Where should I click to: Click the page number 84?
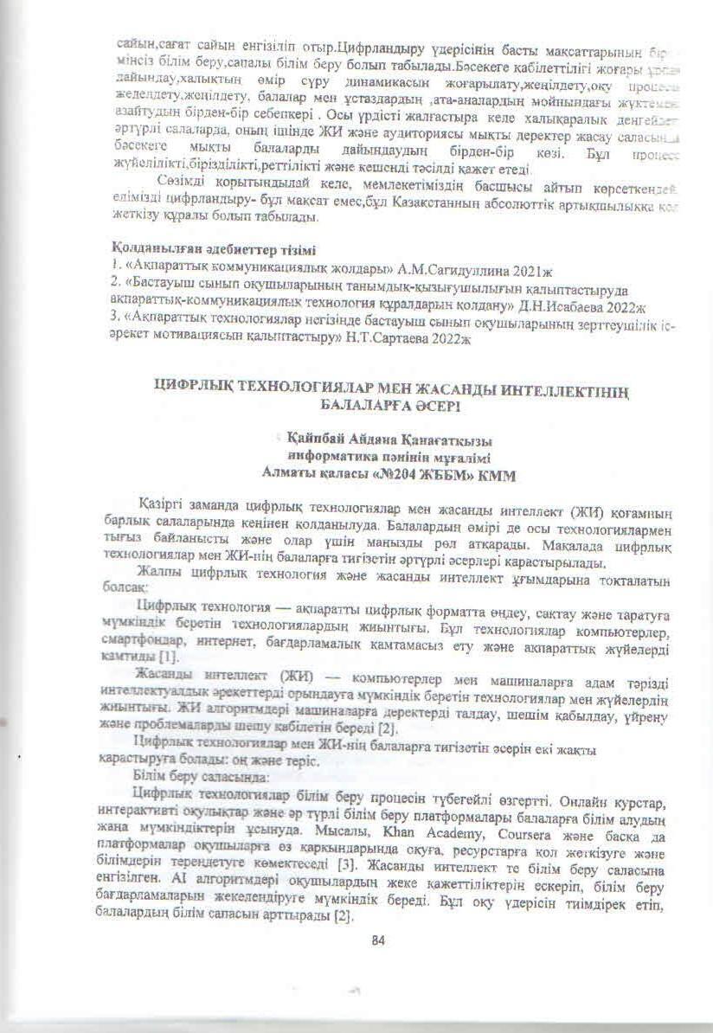pos(376,941)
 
